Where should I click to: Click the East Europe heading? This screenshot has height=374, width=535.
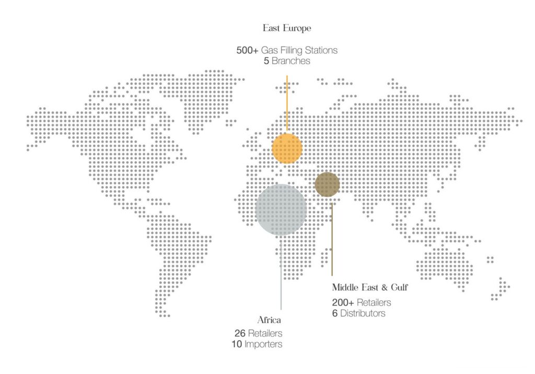click(287, 28)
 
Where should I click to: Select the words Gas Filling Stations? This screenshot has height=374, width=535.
click(299, 51)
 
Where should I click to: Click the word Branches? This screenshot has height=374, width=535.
click(291, 61)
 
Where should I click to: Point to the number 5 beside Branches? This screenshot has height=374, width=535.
click(266, 61)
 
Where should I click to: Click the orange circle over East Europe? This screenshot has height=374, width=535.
click(287, 148)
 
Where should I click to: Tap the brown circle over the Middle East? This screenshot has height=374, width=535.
click(328, 184)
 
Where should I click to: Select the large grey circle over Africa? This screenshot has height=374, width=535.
click(281, 209)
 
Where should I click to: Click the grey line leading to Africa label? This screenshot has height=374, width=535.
click(281, 272)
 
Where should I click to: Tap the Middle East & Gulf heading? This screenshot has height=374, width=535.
click(369, 287)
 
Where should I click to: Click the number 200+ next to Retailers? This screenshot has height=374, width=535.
click(344, 303)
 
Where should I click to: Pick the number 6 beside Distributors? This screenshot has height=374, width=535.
click(334, 313)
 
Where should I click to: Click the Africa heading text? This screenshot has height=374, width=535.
click(270, 320)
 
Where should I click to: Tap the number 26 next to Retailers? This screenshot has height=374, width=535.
click(240, 333)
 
